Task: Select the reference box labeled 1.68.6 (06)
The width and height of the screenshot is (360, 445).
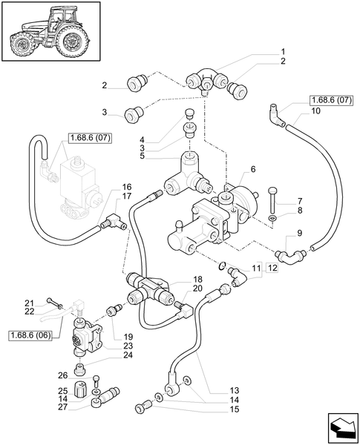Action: pyautogui.click(x=30, y=335)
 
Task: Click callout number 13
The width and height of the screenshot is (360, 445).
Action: pyautogui.click(x=235, y=389)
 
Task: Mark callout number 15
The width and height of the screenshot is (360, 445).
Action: pyautogui.click(x=235, y=409)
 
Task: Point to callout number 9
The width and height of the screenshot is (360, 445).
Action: pyautogui.click(x=298, y=233)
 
